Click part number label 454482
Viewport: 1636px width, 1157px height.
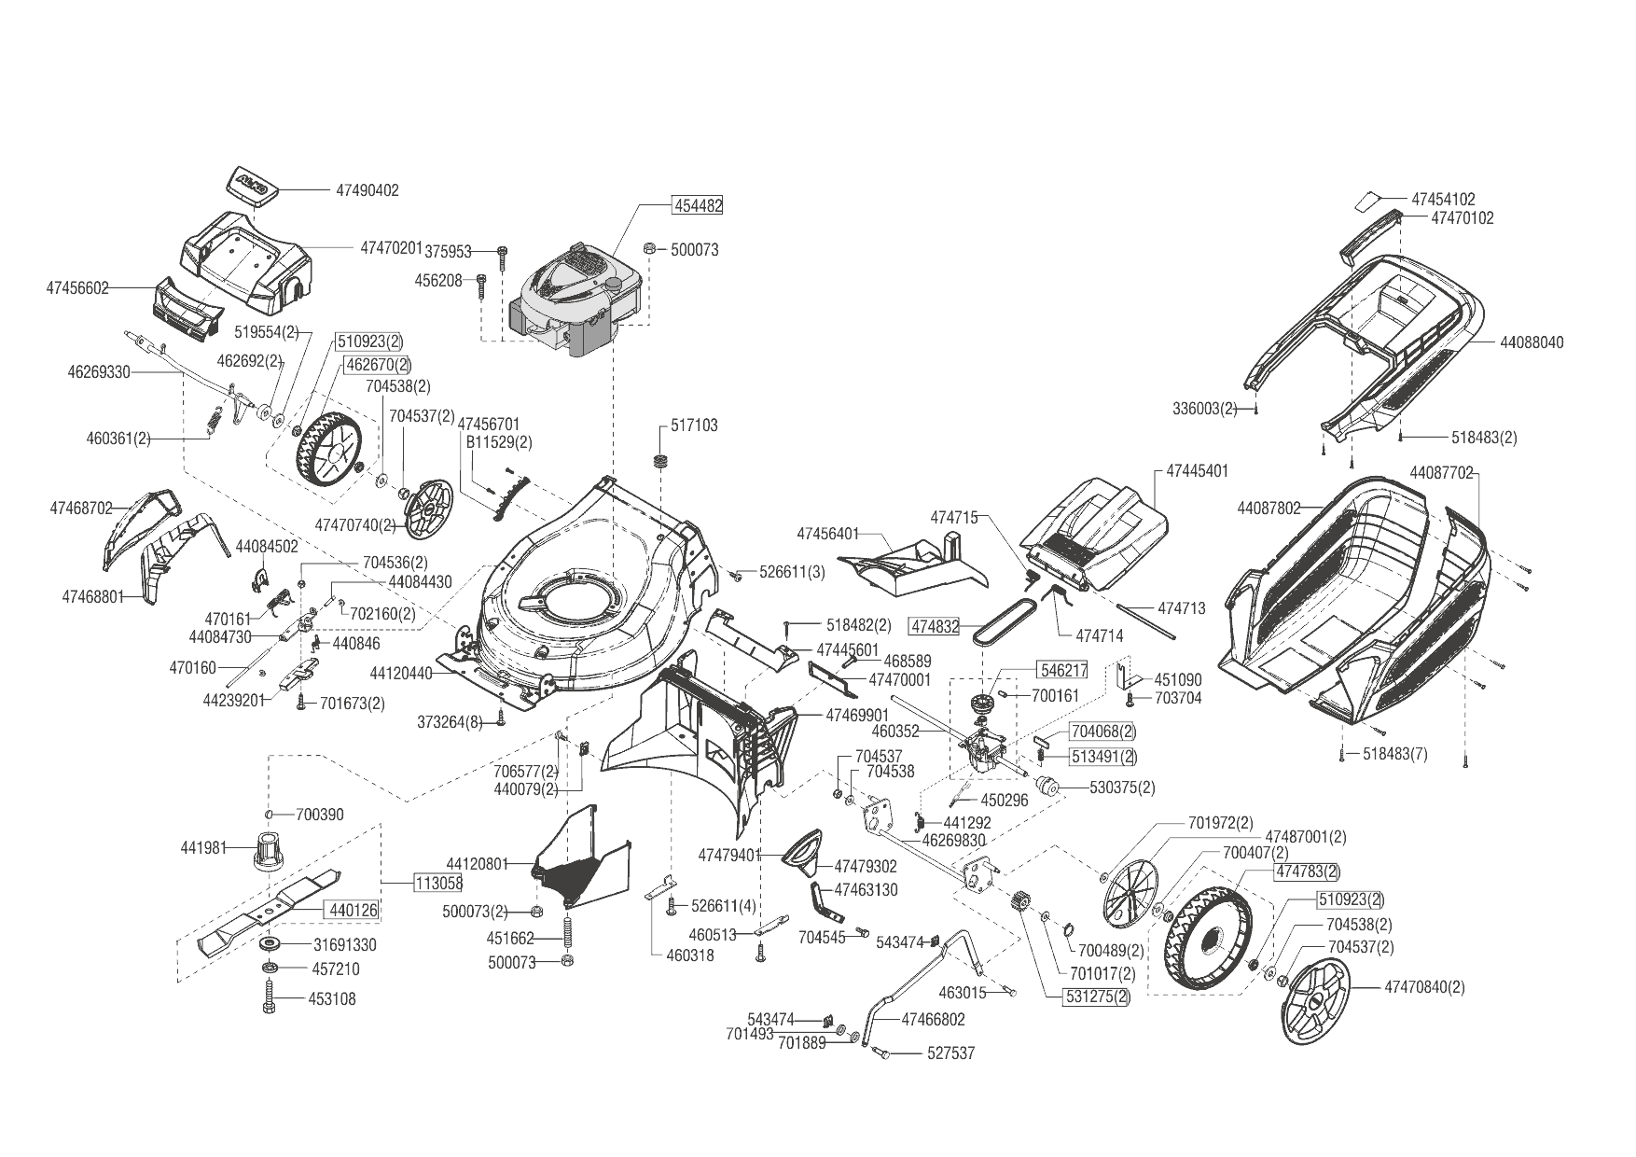pyautogui.click(x=698, y=205)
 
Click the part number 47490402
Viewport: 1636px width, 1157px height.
pyautogui.click(x=367, y=190)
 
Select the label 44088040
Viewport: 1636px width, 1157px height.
pyautogui.click(x=1532, y=342)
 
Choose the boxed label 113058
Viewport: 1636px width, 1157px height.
pyautogui.click(x=438, y=883)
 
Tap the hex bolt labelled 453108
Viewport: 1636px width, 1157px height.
pyautogui.click(x=270, y=998)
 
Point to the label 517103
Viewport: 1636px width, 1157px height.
pyautogui.click(x=694, y=425)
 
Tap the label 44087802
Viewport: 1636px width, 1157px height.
pyautogui.click(x=1269, y=509)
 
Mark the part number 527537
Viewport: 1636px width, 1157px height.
pyautogui.click(x=950, y=1053)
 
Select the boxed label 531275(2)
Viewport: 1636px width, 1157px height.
pyautogui.click(x=1096, y=996)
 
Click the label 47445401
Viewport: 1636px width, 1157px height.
pyautogui.click(x=1197, y=471)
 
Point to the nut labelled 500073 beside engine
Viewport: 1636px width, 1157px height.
pyautogui.click(x=650, y=248)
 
